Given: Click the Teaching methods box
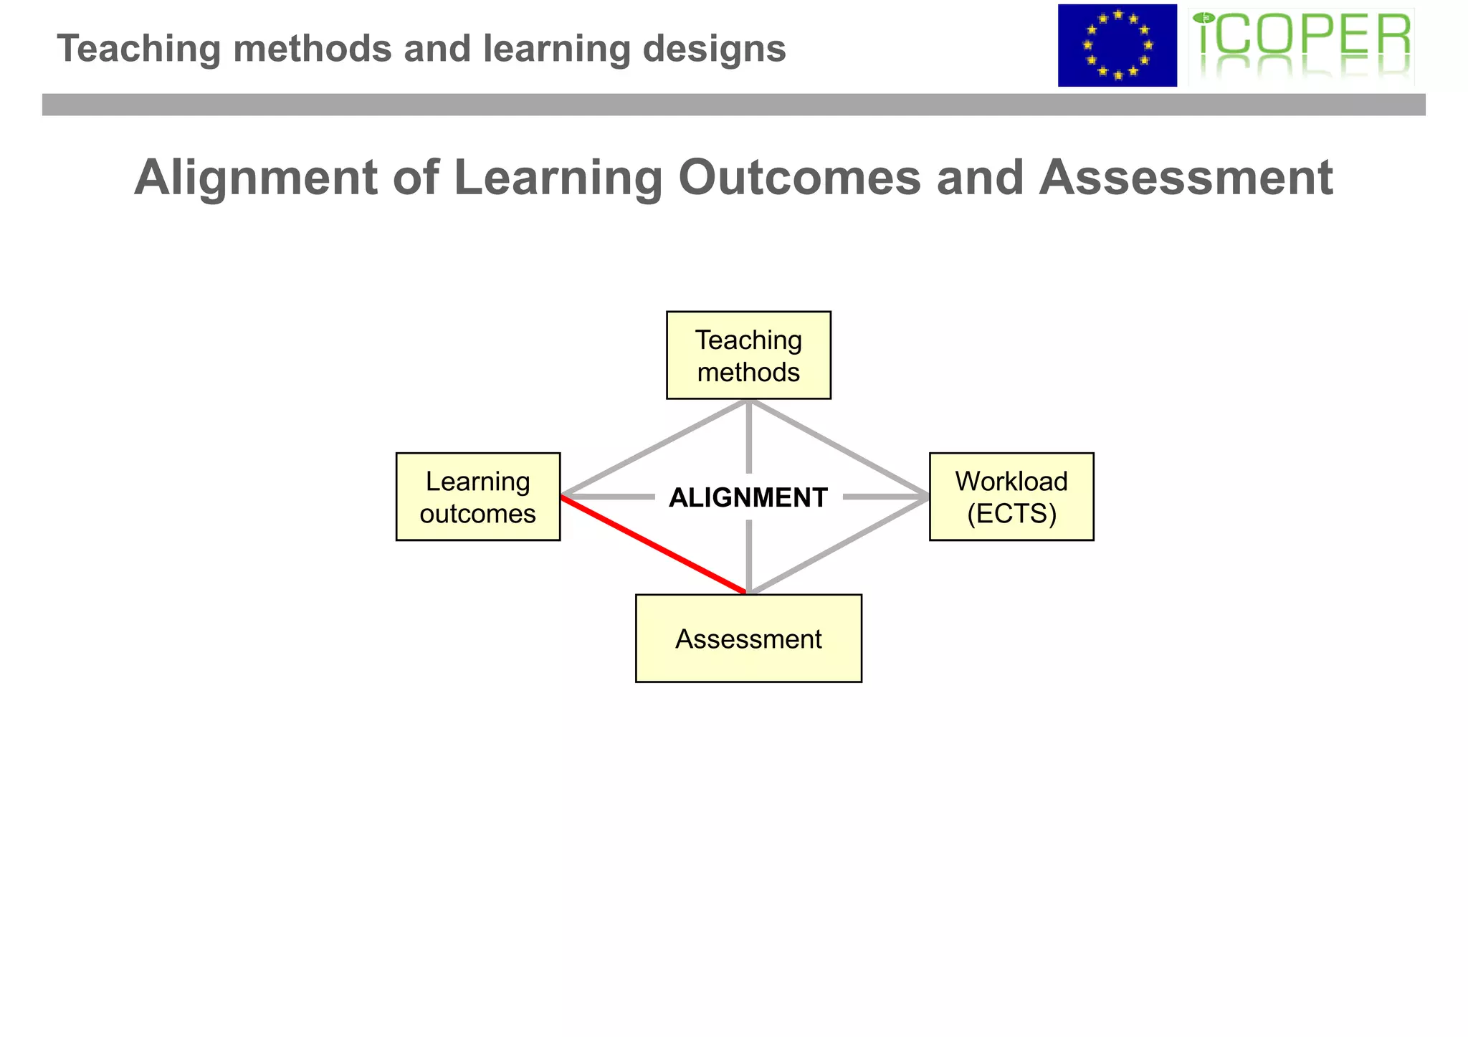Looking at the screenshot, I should point(748,355).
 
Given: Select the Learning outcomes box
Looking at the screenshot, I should point(478,497).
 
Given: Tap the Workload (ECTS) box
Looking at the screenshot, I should point(1011,497).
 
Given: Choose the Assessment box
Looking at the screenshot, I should point(748,639).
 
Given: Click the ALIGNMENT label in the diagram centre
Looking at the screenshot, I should point(748,497).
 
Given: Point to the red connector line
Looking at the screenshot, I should point(654,545).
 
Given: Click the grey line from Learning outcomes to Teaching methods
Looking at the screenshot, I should point(654,449).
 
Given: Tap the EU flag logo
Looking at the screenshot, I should point(1117,46).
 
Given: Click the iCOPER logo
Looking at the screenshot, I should point(1301,46).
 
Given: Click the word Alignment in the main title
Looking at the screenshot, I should point(255,177).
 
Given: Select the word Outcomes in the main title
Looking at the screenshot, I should point(799,177).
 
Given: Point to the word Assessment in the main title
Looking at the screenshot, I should point(1186,177).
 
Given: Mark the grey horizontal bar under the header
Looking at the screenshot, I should point(733,105).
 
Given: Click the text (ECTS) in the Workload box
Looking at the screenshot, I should point(1011,514).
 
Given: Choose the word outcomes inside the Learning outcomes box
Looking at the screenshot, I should point(478,514).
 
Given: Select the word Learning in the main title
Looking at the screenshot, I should point(558,177).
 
